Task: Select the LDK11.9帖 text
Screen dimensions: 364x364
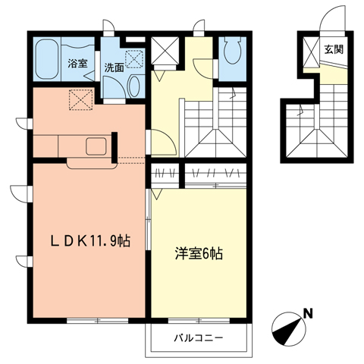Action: [89, 241]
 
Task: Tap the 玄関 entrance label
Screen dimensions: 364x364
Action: [333, 50]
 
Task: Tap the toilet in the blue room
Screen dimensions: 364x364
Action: [233, 52]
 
